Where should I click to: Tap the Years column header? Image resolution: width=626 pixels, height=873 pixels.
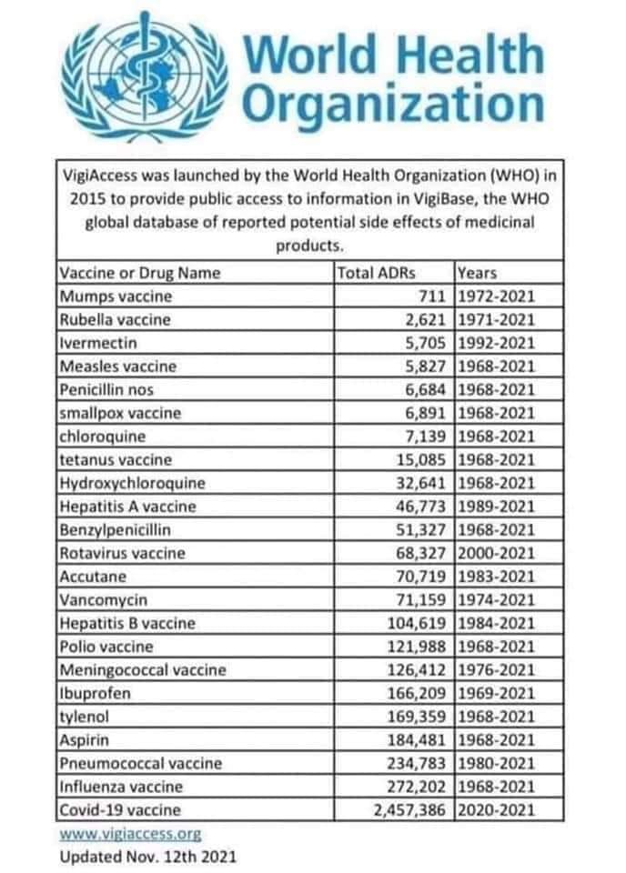point(476,272)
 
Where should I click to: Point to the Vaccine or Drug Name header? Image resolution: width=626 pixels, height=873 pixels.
point(140,272)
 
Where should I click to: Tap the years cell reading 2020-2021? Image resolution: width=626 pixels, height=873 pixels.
point(497,809)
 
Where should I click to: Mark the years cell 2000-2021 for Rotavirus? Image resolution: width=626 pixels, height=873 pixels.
point(497,553)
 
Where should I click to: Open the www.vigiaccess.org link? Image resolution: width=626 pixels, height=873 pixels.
point(129,833)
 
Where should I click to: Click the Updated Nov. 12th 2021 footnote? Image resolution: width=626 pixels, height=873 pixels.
point(150,857)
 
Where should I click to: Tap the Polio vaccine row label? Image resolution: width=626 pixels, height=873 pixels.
point(106,647)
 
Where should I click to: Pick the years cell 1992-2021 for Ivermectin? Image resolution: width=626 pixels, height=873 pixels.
point(497,343)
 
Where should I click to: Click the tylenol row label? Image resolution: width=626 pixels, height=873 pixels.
point(86,717)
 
